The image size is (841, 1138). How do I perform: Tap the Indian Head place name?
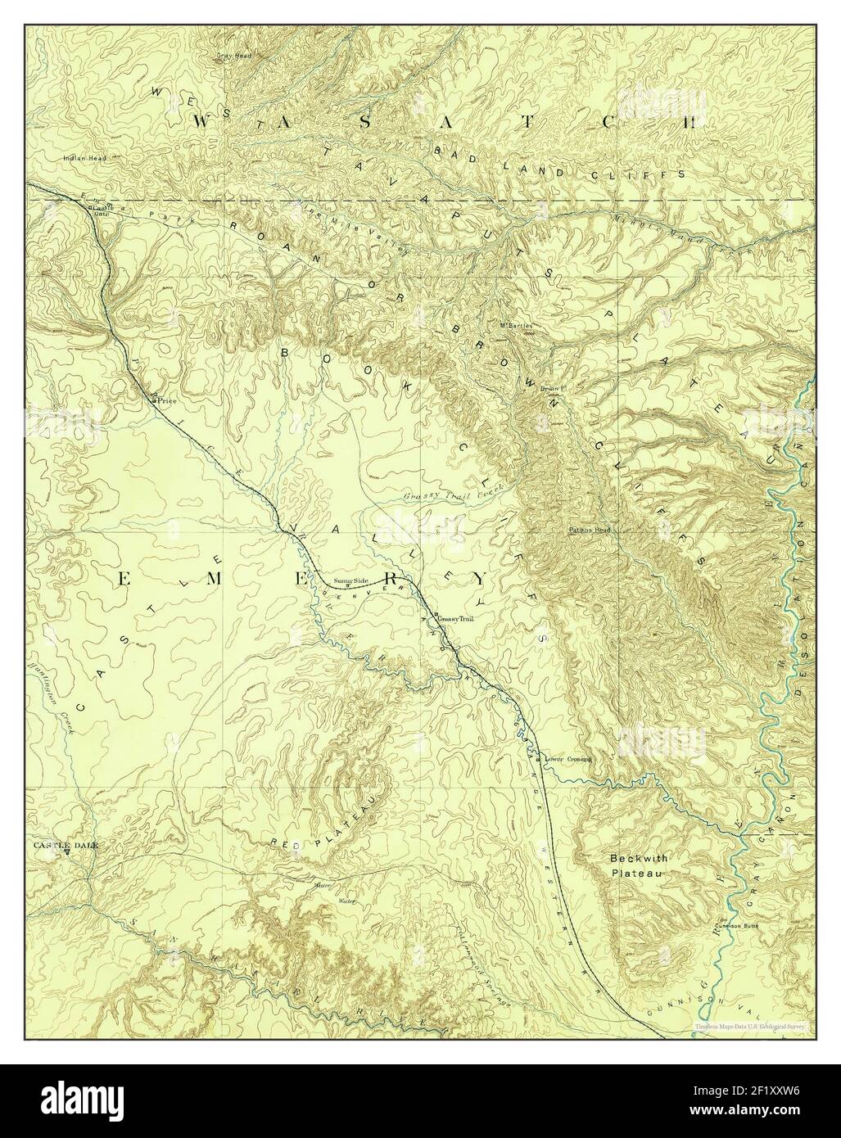79,158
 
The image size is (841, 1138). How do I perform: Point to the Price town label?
168,402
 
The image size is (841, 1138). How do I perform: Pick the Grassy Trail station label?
456,618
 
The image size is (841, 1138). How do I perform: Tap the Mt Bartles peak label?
516,325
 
